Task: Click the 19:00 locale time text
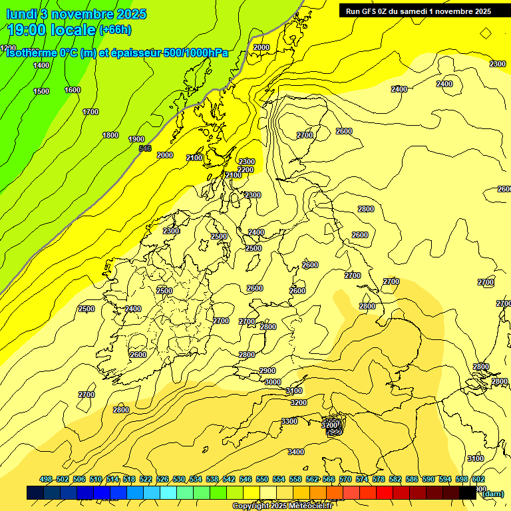pyautogui.click(x=51, y=29)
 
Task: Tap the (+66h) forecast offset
pyautogui.click(x=114, y=30)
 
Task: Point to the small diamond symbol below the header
pyautogui.click(x=486, y=32)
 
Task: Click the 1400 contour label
pyautogui.click(x=41, y=65)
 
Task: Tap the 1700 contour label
pyautogui.click(x=90, y=112)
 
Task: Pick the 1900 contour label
pyautogui.click(x=136, y=139)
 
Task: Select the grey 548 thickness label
pyautogui.click(x=145, y=148)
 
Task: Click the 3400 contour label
pyautogui.click(x=295, y=452)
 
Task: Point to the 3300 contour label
pyautogui.click(x=289, y=421)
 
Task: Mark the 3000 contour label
pyautogui.click(x=272, y=382)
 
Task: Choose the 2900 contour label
pyautogui.click(x=267, y=371)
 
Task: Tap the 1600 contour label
pyautogui.click(x=73, y=90)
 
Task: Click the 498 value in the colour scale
pyautogui.click(x=46, y=479)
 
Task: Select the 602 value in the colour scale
pyautogui.click(x=478, y=479)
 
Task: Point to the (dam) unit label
pyautogui.click(x=493, y=493)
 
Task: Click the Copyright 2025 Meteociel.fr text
pyautogui.click(x=282, y=506)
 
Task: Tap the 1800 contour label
pyautogui.click(x=110, y=135)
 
